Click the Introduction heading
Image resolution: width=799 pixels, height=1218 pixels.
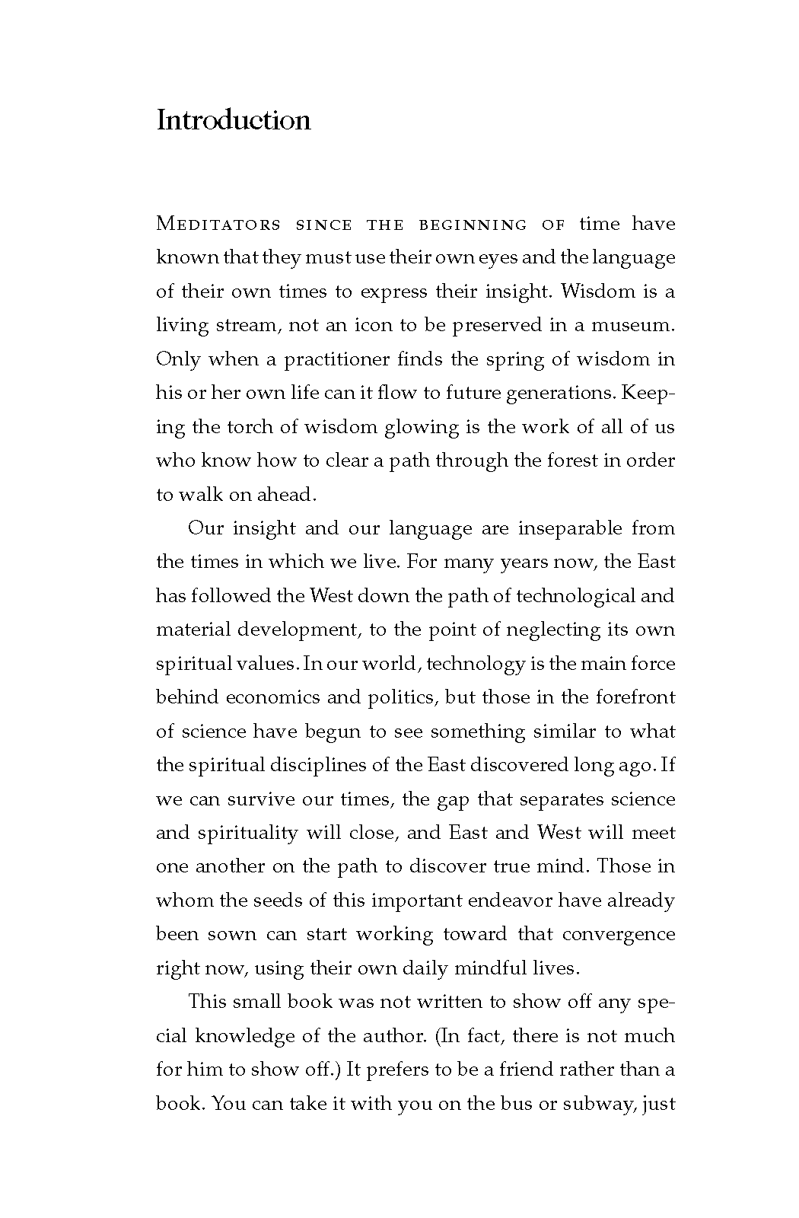click(x=233, y=120)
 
